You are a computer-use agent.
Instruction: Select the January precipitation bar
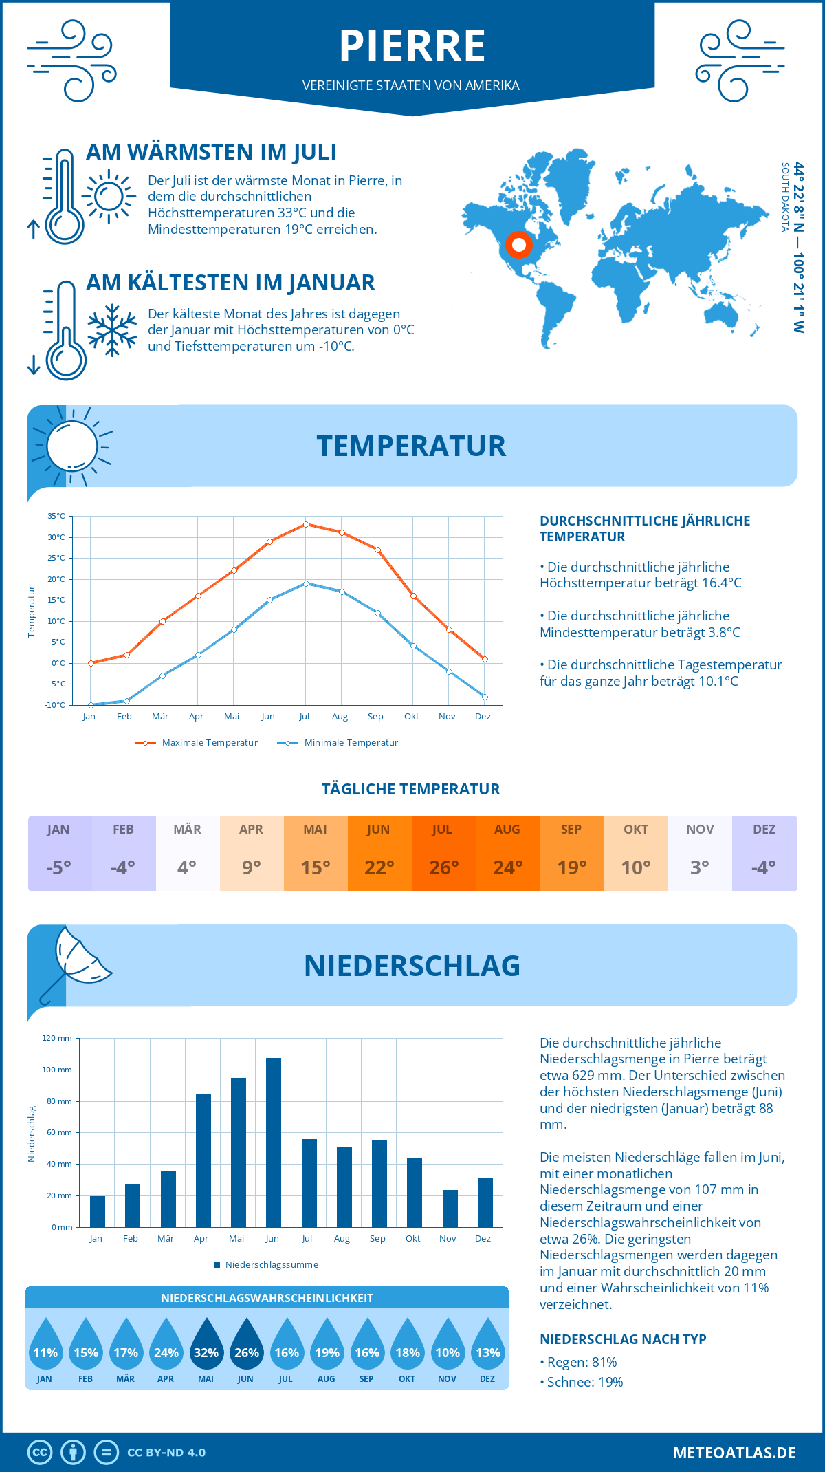coord(98,1211)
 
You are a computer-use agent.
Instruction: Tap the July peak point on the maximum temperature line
coord(306,524)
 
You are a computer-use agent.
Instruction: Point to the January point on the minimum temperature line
coord(91,705)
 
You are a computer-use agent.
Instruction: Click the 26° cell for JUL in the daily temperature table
coord(443,867)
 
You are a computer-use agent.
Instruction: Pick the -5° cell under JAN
coord(59,867)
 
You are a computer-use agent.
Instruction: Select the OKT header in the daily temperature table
coord(636,830)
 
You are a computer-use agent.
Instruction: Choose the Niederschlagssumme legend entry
coord(271,1264)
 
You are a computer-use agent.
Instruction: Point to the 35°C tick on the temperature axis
coord(56,516)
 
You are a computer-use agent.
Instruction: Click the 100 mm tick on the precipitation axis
coord(57,1070)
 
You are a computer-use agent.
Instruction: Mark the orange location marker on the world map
coord(519,245)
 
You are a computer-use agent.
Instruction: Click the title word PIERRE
coord(412,46)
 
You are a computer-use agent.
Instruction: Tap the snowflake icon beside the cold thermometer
coord(112,330)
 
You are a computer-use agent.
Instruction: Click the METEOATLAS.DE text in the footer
coord(734,1453)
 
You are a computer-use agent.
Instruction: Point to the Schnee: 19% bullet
coord(584,1382)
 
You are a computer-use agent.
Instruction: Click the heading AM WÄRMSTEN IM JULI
coord(211,152)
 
